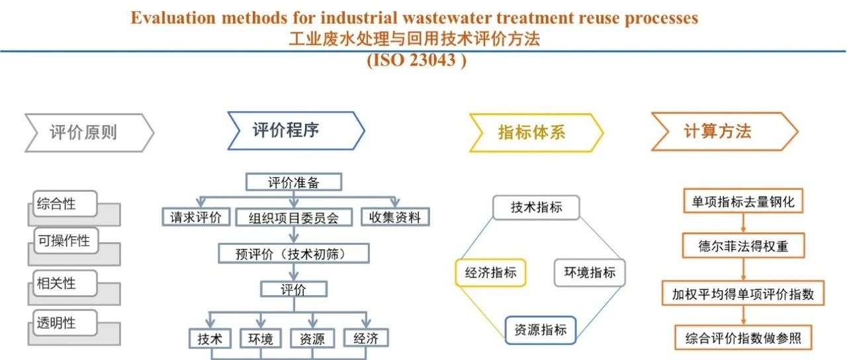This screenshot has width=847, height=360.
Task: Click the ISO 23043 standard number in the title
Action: tap(417, 60)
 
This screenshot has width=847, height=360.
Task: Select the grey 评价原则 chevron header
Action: tap(89, 133)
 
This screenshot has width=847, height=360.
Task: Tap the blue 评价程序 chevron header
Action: tap(296, 130)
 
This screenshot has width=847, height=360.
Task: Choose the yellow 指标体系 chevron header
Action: tap(536, 133)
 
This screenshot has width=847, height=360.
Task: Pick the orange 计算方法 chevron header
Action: tap(725, 131)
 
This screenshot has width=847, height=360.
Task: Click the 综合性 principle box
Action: tap(65, 203)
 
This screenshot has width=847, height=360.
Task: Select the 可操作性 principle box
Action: tap(66, 240)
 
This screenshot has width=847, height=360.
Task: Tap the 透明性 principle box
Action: tap(65, 322)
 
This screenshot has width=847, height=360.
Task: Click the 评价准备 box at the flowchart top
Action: tap(294, 182)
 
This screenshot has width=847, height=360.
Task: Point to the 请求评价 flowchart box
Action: tap(197, 217)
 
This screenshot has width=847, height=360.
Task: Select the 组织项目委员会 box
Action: tap(294, 218)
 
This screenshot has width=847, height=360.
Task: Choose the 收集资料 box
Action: tap(395, 217)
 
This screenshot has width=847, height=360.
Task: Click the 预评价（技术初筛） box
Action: tap(294, 253)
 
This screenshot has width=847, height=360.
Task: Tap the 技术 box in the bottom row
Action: tap(210, 338)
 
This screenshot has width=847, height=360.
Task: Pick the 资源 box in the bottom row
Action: tap(312, 338)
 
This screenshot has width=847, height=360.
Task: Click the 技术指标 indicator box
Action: tap(536, 207)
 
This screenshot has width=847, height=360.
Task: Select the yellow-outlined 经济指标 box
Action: tap(490, 272)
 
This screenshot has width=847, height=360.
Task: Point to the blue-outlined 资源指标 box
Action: tap(541, 330)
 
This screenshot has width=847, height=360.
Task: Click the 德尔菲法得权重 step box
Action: tap(743, 246)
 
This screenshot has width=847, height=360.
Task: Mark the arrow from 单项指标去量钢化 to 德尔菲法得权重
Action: tap(743, 223)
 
